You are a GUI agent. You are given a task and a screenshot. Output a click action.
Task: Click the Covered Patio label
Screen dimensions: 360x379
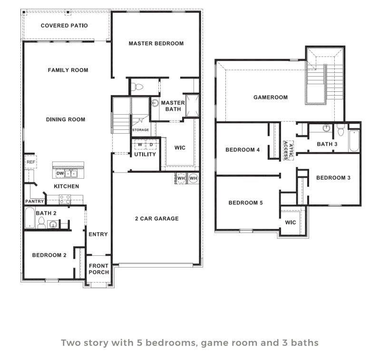click(x=64, y=26)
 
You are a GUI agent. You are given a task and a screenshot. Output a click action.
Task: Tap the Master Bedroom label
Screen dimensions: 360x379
click(x=156, y=43)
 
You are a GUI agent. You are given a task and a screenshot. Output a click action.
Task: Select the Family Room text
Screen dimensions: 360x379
click(x=68, y=70)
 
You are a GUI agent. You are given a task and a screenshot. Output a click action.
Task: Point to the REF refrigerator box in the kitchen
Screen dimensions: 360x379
click(x=30, y=162)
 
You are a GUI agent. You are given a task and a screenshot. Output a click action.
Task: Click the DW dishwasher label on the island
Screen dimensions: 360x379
click(x=60, y=174)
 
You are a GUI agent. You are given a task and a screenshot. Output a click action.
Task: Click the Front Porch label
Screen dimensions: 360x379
click(x=99, y=269)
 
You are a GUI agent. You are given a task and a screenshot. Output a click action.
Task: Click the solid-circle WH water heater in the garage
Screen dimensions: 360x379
click(x=193, y=178)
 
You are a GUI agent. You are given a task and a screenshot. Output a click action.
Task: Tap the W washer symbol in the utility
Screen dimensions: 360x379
click(x=140, y=144)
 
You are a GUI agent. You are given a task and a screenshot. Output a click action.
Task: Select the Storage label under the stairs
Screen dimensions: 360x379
click(x=140, y=130)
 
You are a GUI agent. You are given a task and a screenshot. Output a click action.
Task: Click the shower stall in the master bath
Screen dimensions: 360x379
click(x=192, y=105)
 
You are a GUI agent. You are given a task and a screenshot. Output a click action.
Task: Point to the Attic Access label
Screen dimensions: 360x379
click(x=287, y=150)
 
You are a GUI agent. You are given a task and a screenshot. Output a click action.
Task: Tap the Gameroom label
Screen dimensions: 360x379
click(x=270, y=97)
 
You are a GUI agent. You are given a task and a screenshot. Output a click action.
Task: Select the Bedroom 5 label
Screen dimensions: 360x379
click(x=245, y=203)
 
